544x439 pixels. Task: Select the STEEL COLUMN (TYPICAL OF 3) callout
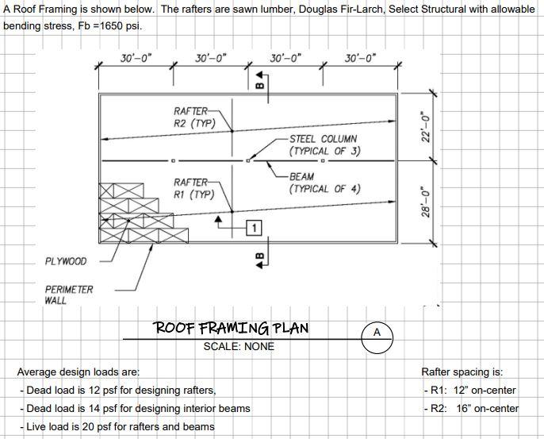[x=324, y=144]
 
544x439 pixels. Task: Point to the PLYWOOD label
[x=66, y=261]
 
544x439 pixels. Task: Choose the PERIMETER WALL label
[x=69, y=295]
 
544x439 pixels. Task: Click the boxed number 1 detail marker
[x=253, y=229]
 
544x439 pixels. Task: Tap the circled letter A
[x=377, y=333]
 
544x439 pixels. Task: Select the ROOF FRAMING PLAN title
[x=231, y=329]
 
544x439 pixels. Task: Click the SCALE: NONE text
[x=239, y=346]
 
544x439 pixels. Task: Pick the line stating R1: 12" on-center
[x=469, y=390]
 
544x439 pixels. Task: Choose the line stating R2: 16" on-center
[x=471, y=408]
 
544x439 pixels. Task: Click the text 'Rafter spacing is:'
[x=462, y=372]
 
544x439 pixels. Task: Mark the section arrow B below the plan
[x=260, y=258]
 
